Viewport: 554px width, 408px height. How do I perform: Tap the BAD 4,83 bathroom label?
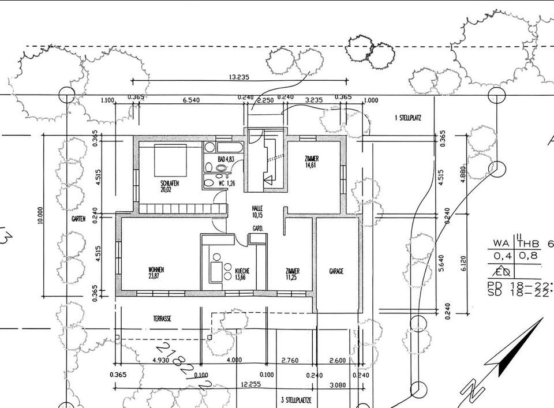click(x=225, y=159)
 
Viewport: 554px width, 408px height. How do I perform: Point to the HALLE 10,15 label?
click(x=257, y=211)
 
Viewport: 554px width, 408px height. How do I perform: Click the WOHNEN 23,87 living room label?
click(x=156, y=273)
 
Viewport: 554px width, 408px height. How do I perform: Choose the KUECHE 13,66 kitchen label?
click(x=241, y=273)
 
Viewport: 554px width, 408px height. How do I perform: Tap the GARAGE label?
click(x=336, y=271)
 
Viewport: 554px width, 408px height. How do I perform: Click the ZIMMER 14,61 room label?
click(x=312, y=162)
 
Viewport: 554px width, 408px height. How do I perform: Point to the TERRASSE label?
click(x=162, y=318)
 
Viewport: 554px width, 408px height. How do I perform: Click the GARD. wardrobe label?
click(x=257, y=229)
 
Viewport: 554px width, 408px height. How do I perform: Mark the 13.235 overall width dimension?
click(x=239, y=77)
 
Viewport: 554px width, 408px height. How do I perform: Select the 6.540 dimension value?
click(x=191, y=100)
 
